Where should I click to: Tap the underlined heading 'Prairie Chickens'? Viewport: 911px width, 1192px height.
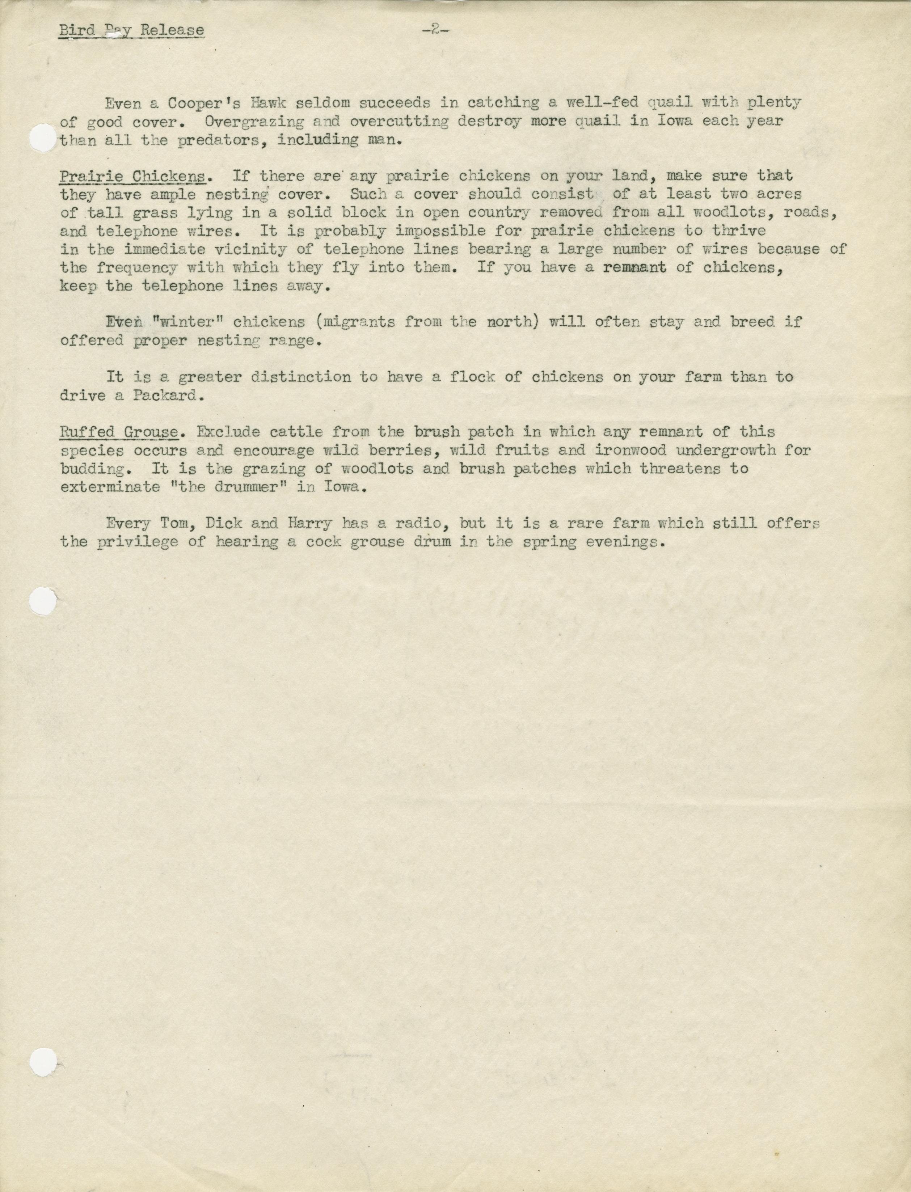pyautogui.click(x=133, y=176)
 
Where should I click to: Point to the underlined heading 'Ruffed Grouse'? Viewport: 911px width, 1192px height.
pyautogui.click(x=119, y=432)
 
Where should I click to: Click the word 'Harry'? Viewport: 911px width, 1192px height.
pyautogui.click(x=310, y=524)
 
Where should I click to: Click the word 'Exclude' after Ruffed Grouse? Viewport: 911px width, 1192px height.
pyautogui.click(x=228, y=432)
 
